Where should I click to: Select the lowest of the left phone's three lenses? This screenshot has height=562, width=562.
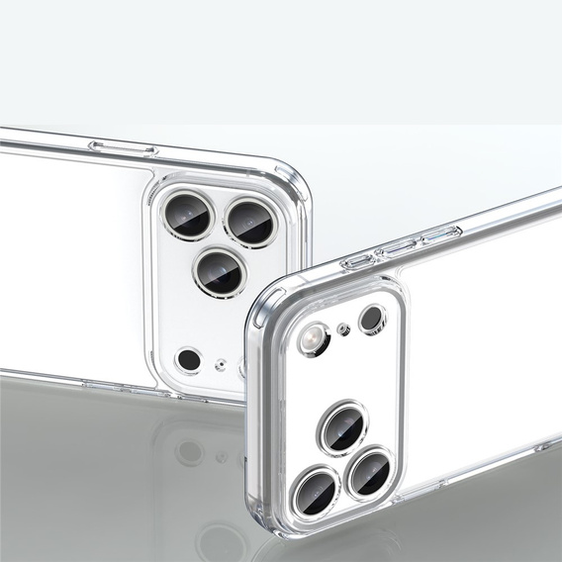(220, 271)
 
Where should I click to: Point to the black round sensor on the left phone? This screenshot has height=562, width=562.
(188, 358)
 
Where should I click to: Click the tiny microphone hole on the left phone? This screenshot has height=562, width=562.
(221, 363)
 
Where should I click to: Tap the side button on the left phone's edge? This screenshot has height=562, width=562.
(123, 149)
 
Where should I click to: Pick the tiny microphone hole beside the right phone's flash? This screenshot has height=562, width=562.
(343, 328)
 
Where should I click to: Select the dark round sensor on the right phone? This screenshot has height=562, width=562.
(371, 319)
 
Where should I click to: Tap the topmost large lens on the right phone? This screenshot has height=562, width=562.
(342, 426)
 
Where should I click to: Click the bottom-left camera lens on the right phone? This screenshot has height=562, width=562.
(316, 490)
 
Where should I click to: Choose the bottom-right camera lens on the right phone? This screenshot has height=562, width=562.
(370, 472)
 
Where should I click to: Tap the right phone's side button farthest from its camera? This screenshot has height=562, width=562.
(440, 234)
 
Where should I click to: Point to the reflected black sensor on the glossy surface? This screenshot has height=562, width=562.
(190, 452)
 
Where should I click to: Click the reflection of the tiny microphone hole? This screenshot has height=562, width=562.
(222, 457)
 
